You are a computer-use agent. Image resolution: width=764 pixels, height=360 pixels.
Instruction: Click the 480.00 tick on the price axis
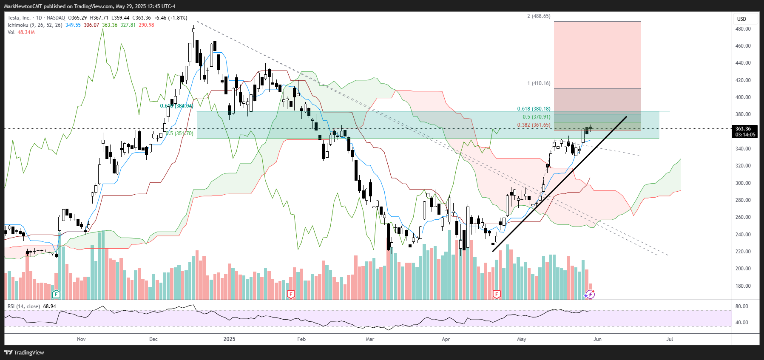pyautogui.click(x=743, y=29)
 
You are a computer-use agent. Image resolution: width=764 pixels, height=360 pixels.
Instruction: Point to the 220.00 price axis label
pyautogui.click(x=743, y=252)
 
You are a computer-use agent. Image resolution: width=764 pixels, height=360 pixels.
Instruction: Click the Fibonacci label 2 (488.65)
pyautogui.click(x=539, y=16)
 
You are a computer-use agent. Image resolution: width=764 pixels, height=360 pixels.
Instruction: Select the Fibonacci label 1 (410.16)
pyautogui.click(x=539, y=83)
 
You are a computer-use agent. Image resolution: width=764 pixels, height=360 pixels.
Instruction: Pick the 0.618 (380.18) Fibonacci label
pyautogui.click(x=534, y=109)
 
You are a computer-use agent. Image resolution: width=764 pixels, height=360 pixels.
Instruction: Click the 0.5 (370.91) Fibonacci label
pyautogui.click(x=536, y=117)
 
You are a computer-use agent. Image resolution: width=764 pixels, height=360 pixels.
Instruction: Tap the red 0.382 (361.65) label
pyautogui.click(x=534, y=125)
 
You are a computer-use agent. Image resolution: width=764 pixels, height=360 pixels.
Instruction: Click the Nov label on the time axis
pyautogui.click(x=81, y=339)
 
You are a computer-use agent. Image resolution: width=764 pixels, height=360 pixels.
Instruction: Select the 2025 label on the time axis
pyautogui.click(x=229, y=339)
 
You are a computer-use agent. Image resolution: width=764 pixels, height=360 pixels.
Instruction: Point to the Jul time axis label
pyautogui.click(x=670, y=339)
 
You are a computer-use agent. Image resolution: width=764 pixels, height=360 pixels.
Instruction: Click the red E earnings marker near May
pyautogui.click(x=496, y=294)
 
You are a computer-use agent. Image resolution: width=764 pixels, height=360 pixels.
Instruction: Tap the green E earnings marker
pyautogui.click(x=56, y=294)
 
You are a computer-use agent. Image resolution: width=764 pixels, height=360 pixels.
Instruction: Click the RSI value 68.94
pyautogui.click(x=49, y=306)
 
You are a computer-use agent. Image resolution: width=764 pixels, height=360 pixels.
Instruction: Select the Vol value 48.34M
pyautogui.click(x=26, y=32)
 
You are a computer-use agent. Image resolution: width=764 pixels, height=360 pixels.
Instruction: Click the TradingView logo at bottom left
pyautogui.click(x=24, y=352)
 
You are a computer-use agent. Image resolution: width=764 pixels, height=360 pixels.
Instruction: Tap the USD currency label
pyautogui.click(x=741, y=19)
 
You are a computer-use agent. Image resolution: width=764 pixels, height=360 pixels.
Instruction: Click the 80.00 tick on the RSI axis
pyautogui.click(x=741, y=306)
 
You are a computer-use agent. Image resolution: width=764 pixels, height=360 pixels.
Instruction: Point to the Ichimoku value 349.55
pyautogui.click(x=73, y=25)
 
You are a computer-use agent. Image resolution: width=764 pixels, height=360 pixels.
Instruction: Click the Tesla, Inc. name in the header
pyautogui.click(x=19, y=18)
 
